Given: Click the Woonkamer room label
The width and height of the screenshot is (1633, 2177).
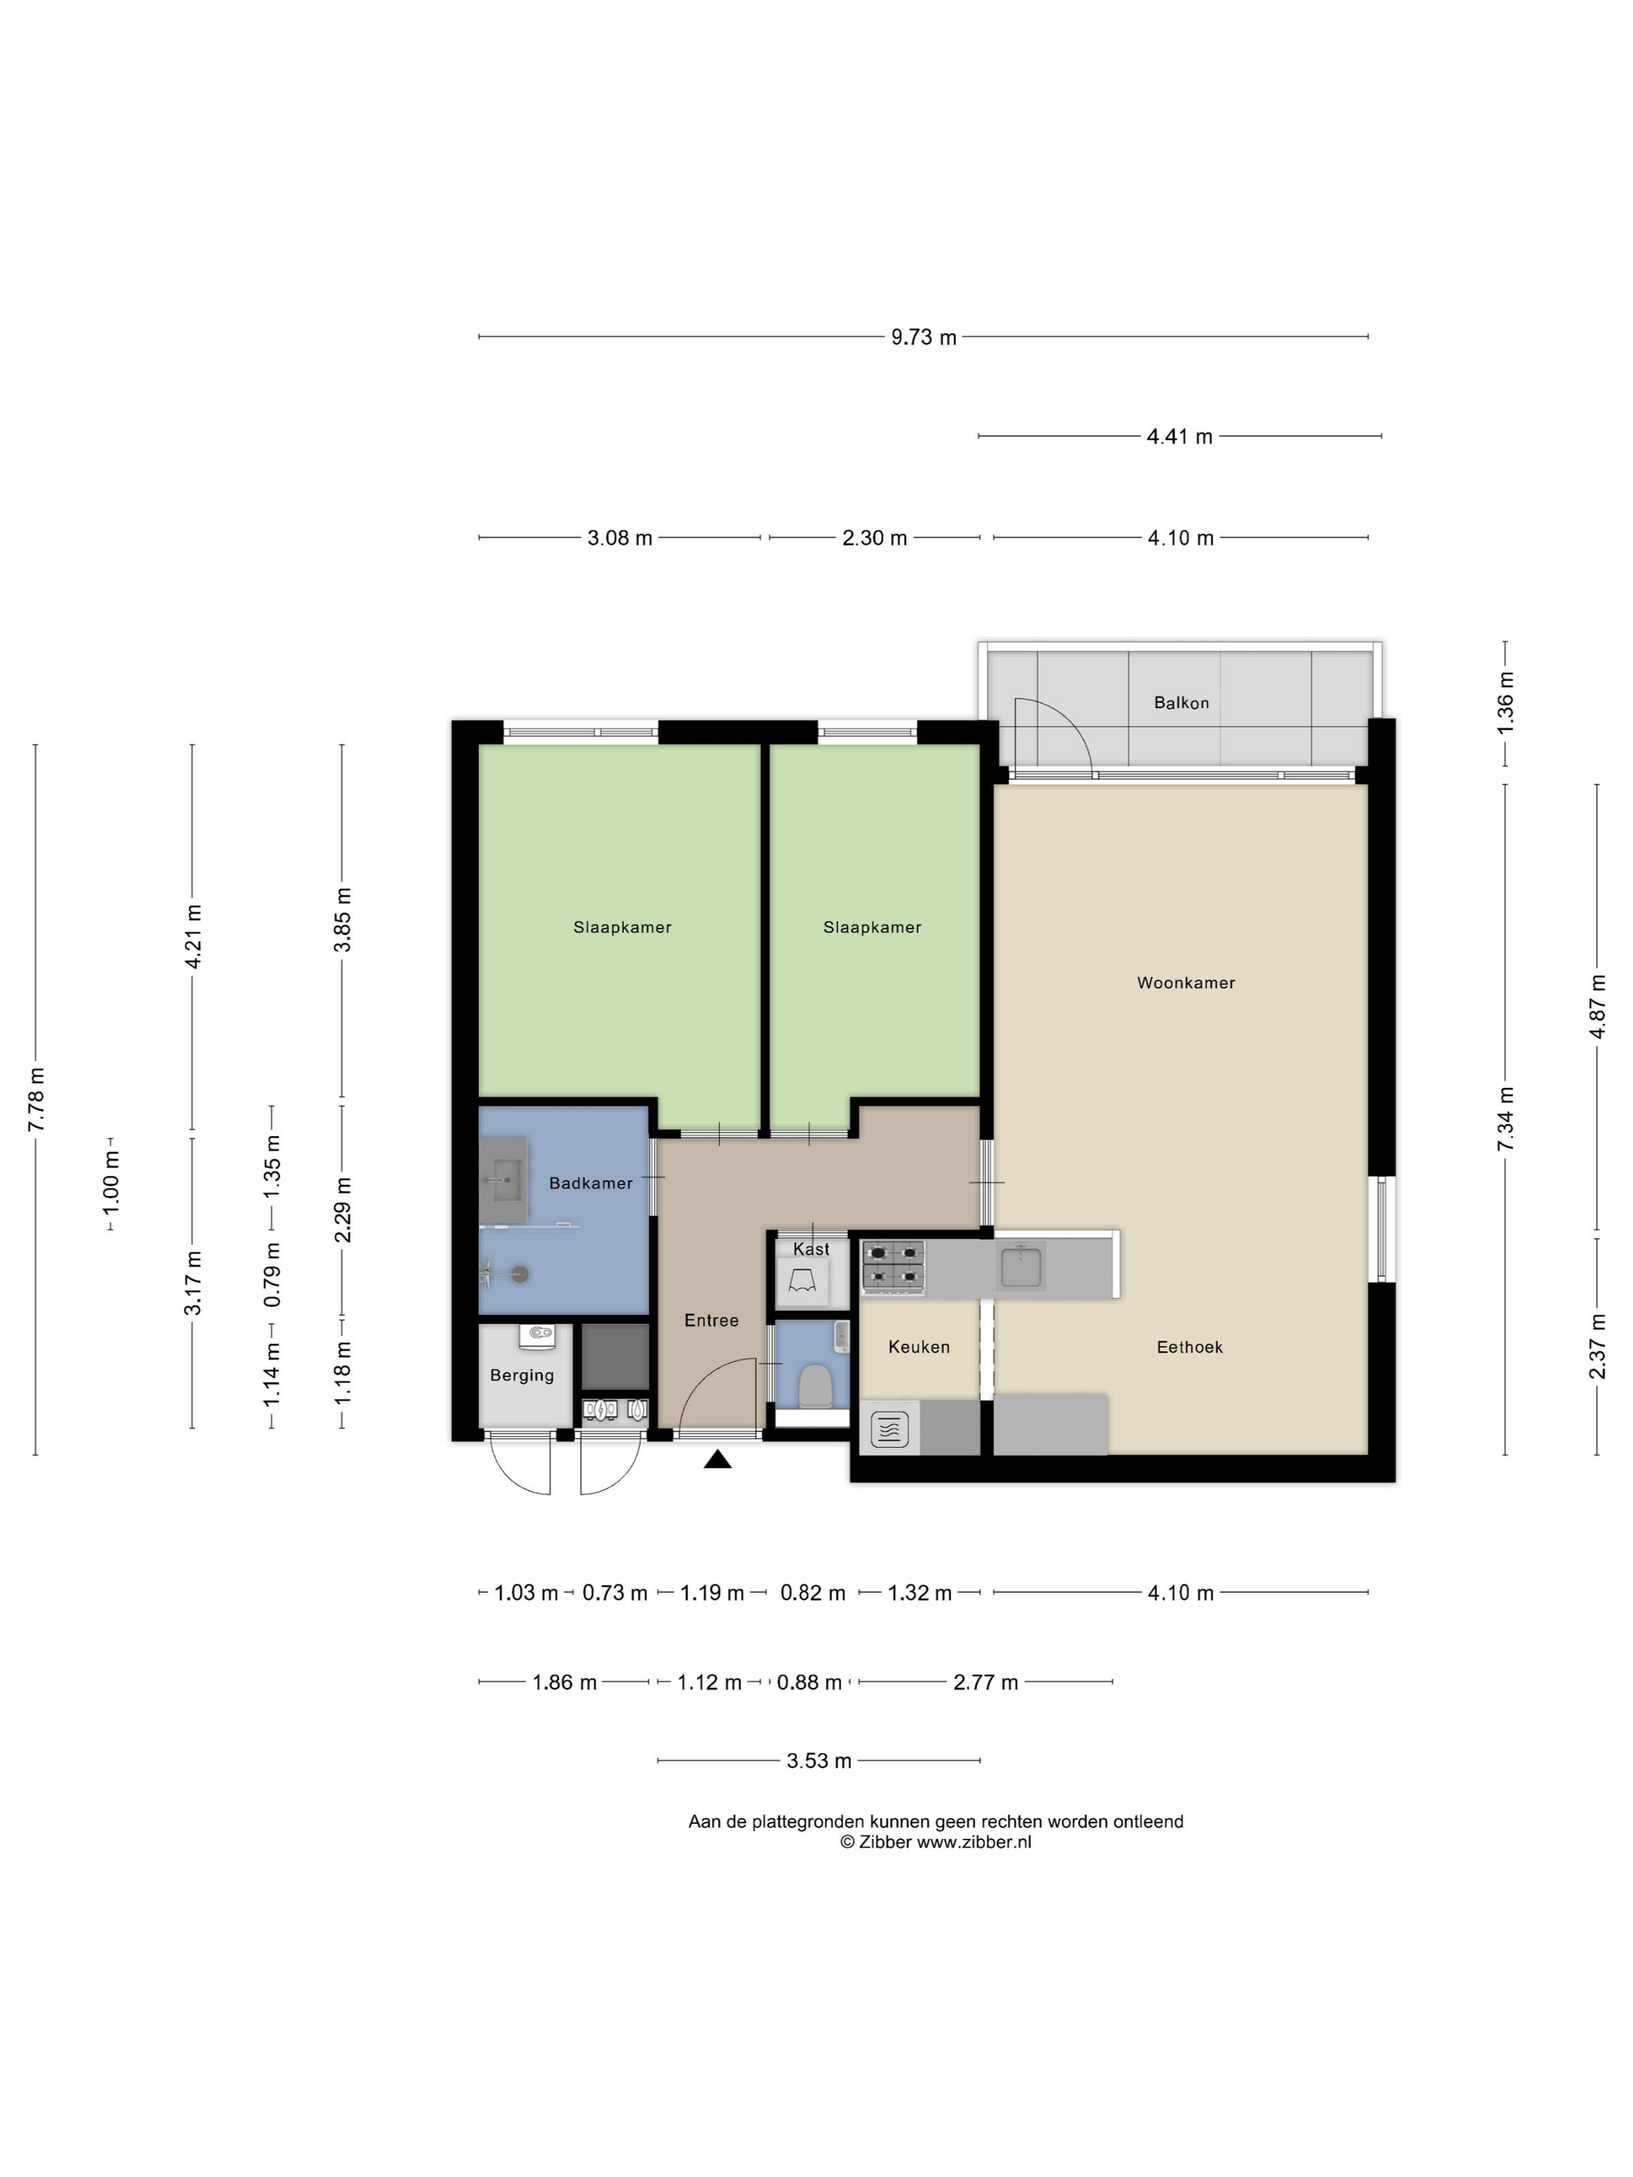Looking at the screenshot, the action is click(x=1185, y=982).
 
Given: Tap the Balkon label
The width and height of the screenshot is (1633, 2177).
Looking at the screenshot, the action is click(x=1181, y=703).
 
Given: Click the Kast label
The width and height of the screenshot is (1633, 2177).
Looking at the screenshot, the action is click(x=811, y=1249).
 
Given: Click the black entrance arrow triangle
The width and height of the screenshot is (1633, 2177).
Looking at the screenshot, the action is click(x=718, y=1459).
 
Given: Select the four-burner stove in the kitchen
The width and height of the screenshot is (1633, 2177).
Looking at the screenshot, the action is click(x=893, y=1266).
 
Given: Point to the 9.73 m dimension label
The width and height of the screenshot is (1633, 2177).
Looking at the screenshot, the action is click(x=923, y=337).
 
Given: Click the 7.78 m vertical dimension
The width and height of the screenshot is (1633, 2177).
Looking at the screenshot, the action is click(x=37, y=1099).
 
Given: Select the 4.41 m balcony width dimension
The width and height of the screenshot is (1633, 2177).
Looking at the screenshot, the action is click(x=1179, y=436).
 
